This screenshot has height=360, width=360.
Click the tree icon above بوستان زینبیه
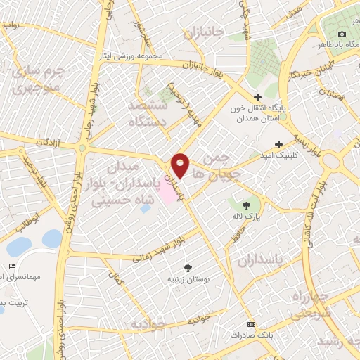(x=188, y=267)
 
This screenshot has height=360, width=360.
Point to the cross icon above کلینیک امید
(x=279, y=143)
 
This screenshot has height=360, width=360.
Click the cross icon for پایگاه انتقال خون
(x=258, y=97)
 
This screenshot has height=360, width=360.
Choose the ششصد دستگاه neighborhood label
(x=148, y=112)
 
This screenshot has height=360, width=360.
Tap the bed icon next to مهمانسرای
(x=13, y=266)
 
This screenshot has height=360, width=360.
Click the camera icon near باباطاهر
(x=342, y=34)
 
